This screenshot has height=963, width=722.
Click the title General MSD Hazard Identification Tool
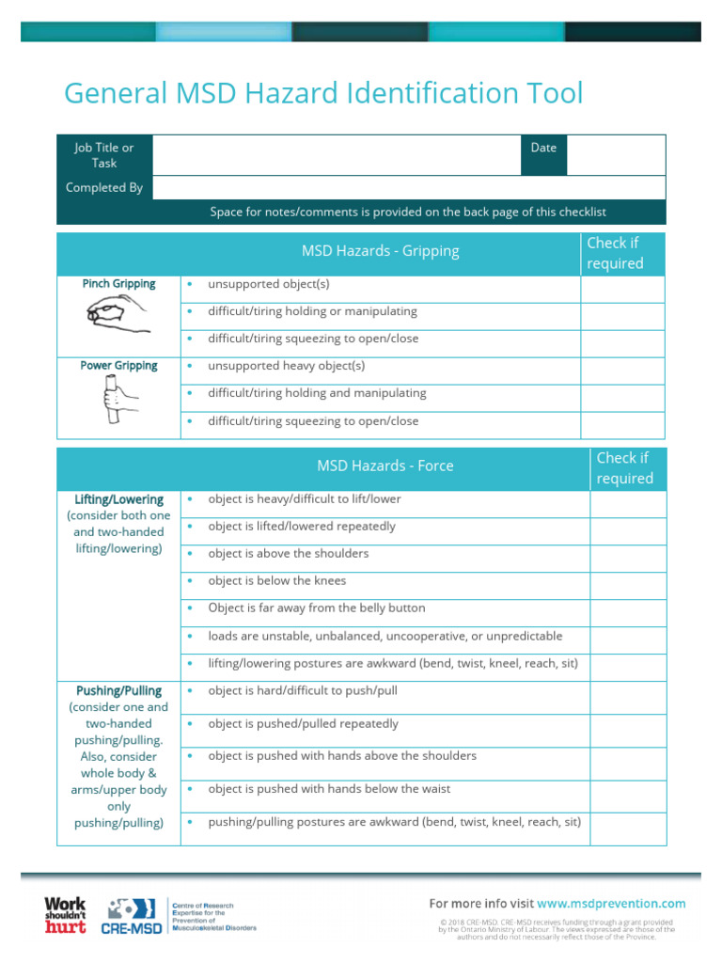[323, 94]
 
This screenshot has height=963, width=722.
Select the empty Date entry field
[616, 155]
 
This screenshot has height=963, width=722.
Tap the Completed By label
[104, 187]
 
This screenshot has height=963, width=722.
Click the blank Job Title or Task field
[336, 155]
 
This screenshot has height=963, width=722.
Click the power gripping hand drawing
[118, 400]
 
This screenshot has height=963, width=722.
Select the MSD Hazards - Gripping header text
[380, 251]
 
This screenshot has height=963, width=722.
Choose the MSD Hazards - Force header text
[385, 466]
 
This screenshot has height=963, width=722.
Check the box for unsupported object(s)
[622, 289]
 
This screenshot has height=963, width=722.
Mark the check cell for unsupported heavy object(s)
[622, 371]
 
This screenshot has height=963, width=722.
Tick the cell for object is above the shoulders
[627, 559]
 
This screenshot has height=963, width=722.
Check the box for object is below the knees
[627, 586]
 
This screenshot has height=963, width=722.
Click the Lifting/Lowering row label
[118, 499]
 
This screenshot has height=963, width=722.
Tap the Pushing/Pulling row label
[118, 690]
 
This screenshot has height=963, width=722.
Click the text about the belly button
[316, 608]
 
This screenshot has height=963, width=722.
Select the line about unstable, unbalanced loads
[385, 636]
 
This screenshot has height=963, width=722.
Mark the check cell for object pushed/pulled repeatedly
[627, 730]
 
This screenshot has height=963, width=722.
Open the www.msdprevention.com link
[611, 904]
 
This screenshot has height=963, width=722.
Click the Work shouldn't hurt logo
[65, 915]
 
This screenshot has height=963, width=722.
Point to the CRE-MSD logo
[134, 916]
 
